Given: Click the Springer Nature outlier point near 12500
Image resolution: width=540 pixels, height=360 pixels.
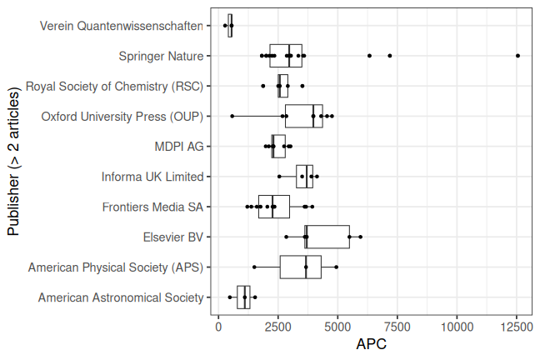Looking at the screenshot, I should [517, 56].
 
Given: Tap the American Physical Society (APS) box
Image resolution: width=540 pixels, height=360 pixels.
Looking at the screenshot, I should [300, 267].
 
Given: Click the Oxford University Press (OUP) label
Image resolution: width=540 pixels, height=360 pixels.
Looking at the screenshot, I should [122, 116].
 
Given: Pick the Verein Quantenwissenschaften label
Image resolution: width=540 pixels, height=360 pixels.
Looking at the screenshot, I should [121, 26].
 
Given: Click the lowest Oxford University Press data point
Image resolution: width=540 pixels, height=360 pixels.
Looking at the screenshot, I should [232, 116].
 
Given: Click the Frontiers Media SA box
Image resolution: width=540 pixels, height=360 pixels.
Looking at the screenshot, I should [273, 207].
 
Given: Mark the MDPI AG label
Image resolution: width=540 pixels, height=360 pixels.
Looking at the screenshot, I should [178, 146].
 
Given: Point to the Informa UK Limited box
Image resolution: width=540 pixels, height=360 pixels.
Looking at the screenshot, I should [304, 177].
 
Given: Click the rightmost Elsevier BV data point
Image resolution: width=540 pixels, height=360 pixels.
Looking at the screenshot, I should [360, 237].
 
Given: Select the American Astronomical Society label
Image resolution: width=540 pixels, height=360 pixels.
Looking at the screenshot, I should [121, 297].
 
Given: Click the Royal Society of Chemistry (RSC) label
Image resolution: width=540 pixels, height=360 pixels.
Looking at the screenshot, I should [114, 86].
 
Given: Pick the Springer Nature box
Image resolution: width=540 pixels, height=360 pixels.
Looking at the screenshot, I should [285, 56].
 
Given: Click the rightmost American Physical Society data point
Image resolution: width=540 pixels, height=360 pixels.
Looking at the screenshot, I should [336, 267].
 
